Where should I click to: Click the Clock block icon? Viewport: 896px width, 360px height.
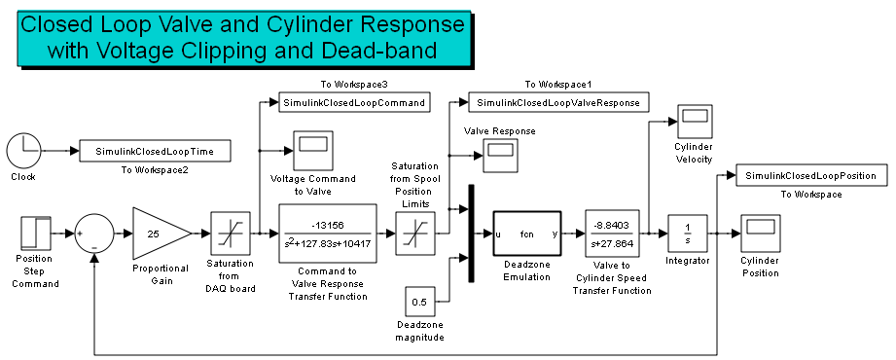(x=22, y=151)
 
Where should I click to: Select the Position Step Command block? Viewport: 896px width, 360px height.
(x=35, y=234)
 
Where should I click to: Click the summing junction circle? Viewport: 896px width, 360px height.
(x=94, y=234)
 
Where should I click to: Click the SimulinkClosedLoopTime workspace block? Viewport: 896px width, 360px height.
(x=154, y=152)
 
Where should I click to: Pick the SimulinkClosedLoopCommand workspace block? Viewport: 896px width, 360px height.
(x=354, y=102)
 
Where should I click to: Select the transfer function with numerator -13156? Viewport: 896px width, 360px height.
(x=328, y=234)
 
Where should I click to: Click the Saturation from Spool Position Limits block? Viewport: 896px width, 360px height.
(x=413, y=234)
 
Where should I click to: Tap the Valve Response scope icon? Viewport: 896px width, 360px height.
(x=500, y=152)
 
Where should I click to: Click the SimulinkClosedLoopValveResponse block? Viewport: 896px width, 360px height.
(x=557, y=102)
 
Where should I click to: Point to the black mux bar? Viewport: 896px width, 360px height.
(x=471, y=234)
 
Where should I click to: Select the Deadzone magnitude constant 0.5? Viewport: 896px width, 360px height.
(x=417, y=301)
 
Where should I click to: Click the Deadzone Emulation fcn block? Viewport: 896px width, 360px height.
(x=527, y=234)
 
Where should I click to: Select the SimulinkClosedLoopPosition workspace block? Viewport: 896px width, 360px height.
(x=811, y=175)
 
